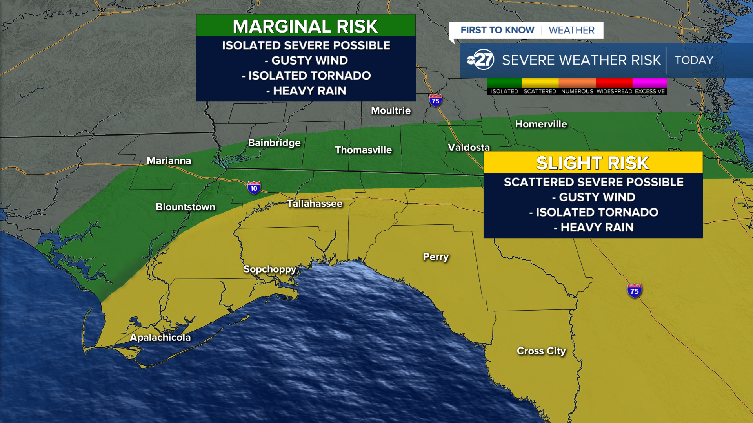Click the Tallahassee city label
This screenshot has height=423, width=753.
pos(315,204)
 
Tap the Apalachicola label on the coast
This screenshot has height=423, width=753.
pos(160,338)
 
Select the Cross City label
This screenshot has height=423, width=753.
pos(541,351)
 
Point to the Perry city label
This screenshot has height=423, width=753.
pos(435,257)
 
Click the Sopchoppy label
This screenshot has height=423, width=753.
pos(270,269)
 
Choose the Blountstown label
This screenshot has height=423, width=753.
pos(186,207)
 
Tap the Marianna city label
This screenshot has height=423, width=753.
pos(169,161)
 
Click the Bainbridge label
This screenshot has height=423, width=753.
pos(274,143)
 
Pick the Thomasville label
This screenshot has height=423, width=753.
pos(363,150)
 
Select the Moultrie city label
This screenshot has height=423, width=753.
pos(391,111)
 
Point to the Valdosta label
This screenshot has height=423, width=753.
pos(469,148)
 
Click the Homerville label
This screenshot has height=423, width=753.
pos(541,124)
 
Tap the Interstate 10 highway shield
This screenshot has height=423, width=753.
pos(254,188)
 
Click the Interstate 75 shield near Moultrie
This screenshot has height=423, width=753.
pos(435,101)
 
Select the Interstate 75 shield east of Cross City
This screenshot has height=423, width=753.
pos(634,291)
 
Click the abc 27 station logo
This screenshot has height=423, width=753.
pos(480,60)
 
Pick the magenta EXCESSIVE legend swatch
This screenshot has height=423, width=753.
pos(649,83)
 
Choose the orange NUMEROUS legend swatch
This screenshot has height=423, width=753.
pos(577,83)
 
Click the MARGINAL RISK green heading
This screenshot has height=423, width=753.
pos(306,26)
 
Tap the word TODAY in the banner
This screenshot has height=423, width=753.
pos(694,60)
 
